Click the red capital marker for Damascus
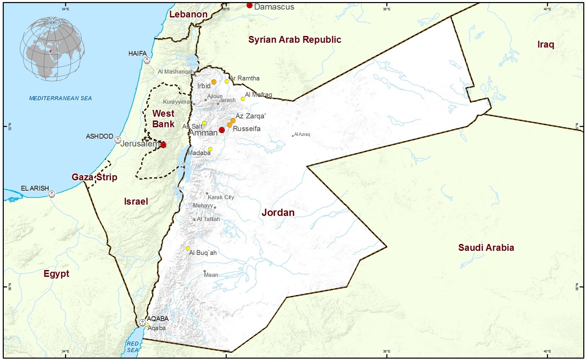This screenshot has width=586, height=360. click(249, 5)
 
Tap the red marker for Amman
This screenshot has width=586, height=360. click(222, 130)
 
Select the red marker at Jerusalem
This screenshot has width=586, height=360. click(163, 145)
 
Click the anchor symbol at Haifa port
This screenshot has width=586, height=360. click(147, 61)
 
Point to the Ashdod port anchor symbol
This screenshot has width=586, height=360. click(117, 140)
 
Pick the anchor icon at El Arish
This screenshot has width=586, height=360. click(52, 194)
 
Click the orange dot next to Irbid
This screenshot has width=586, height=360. click(214, 82)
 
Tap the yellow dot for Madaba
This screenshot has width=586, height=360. click(210, 149)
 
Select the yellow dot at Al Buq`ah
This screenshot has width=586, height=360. click(188, 248)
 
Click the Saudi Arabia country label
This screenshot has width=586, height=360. click(486, 247)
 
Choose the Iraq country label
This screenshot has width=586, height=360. click(546, 44)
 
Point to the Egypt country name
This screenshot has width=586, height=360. click(57, 274)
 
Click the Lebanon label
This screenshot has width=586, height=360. click(188, 14)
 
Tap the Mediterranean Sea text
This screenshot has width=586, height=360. click(60, 98)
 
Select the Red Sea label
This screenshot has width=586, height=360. click(133, 347)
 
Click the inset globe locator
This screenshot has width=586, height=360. click(52, 49)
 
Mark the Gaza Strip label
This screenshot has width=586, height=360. click(95, 177)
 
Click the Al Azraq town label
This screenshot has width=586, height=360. click(302, 134)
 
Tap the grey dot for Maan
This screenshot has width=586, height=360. click(204, 271)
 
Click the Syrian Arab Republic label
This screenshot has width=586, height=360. click(295, 40)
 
